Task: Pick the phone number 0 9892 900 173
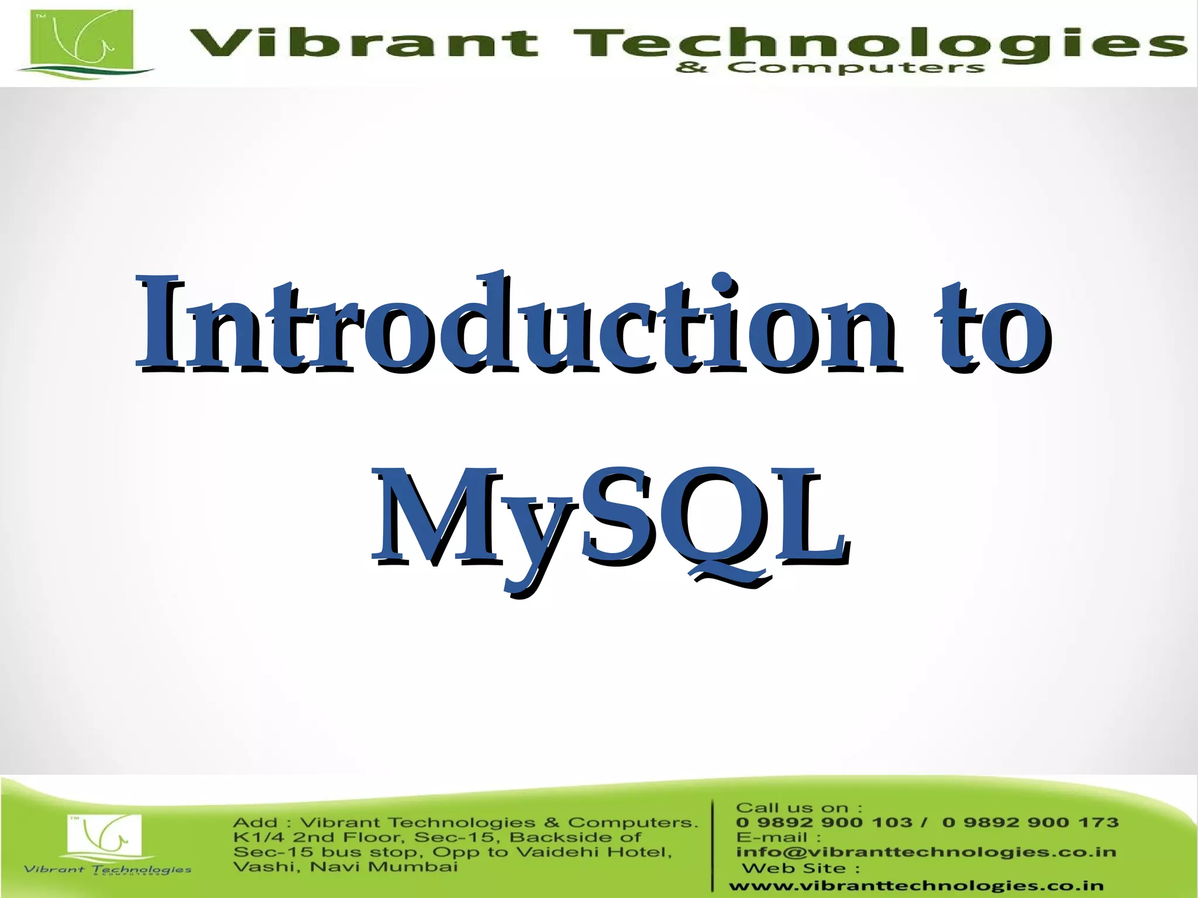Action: pos(1030,823)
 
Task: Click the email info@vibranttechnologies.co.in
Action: pos(925,852)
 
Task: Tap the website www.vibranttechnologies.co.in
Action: pos(916,886)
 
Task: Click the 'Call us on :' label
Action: pos(798,808)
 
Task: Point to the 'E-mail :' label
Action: pos(778,837)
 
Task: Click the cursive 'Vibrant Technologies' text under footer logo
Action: pos(108,869)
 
